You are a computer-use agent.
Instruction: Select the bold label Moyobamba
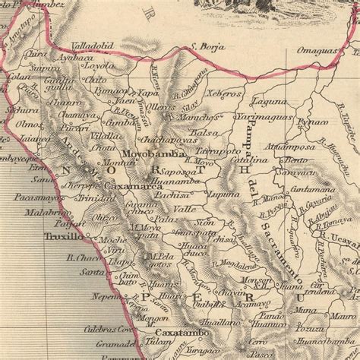click(158, 153)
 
